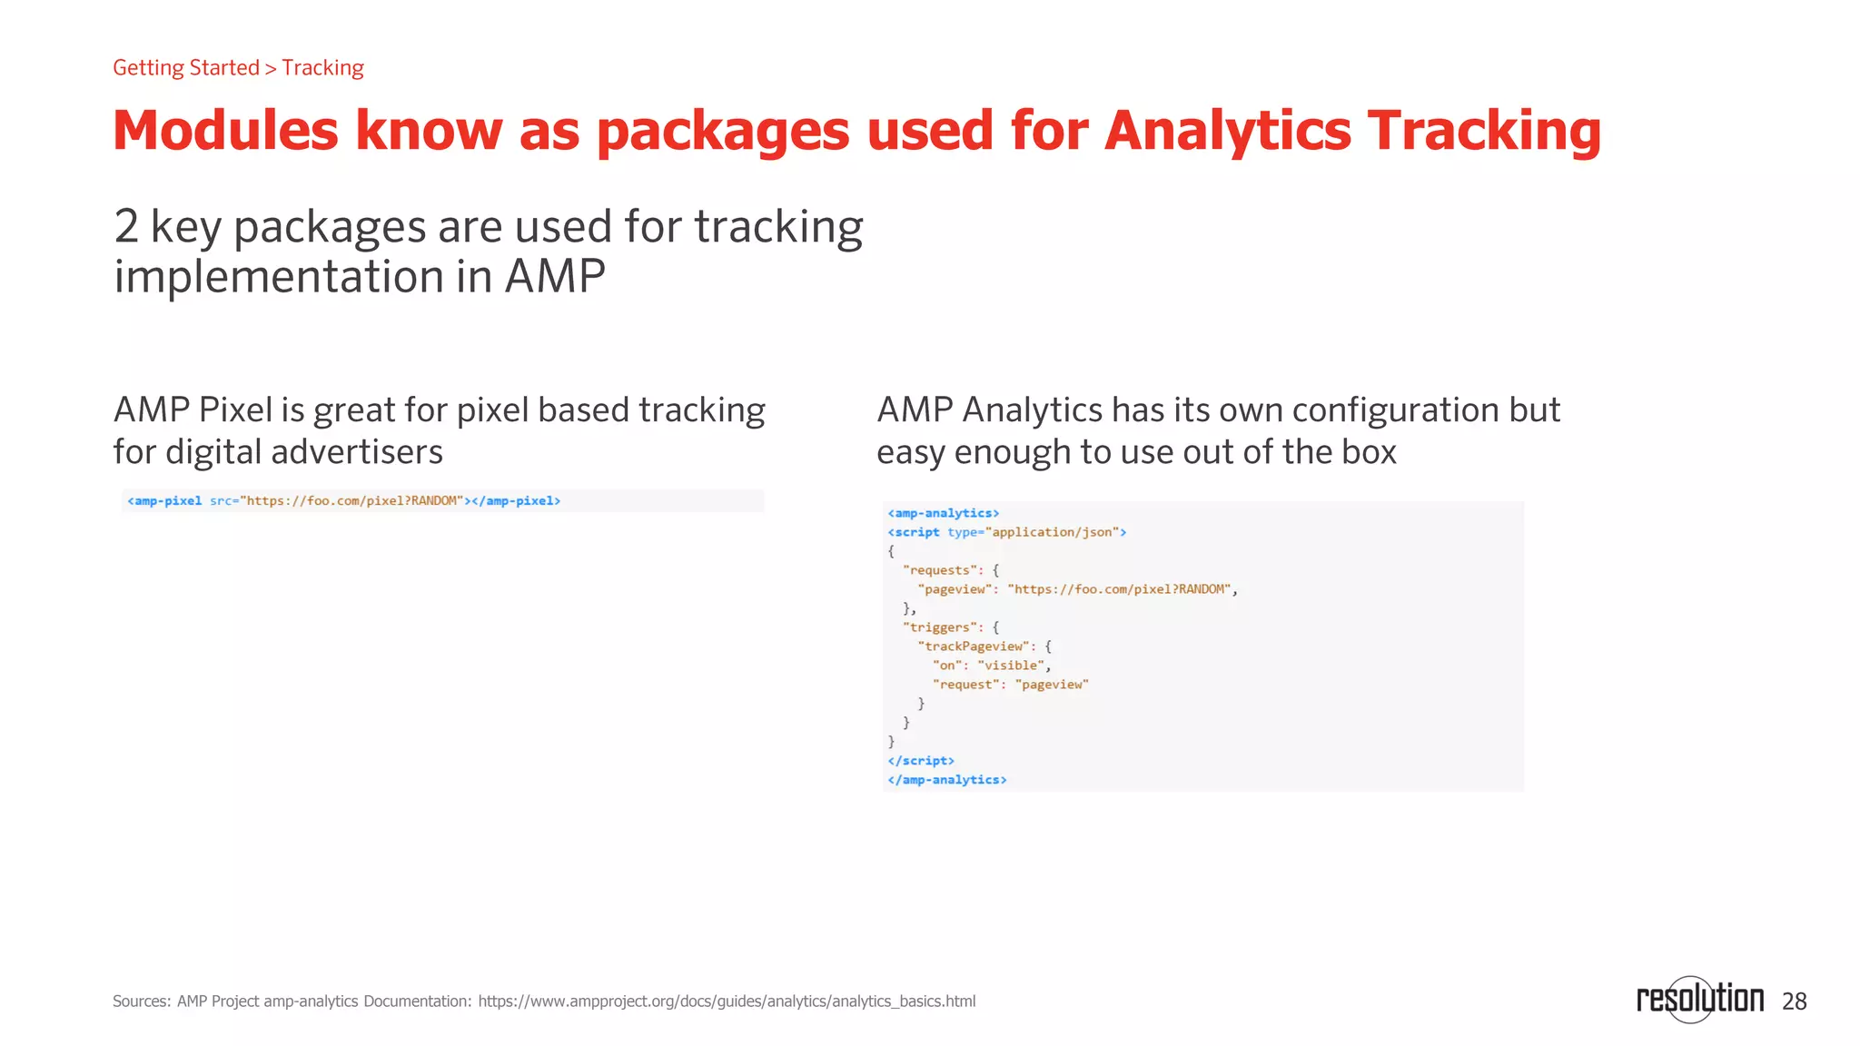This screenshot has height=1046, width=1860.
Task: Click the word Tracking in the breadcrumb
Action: [322, 68]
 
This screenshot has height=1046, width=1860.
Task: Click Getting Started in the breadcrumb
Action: [186, 68]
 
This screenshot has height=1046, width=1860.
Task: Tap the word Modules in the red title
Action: [225, 131]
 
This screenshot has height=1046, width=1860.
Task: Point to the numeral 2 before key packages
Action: [126, 227]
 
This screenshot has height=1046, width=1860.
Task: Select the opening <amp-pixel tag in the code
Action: [164, 501]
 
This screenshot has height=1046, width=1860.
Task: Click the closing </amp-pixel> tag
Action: [516, 501]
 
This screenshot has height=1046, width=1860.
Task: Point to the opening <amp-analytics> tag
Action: [943, 513]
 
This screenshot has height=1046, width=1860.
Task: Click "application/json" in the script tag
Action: [1052, 532]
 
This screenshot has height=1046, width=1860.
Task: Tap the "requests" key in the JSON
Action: [941, 570]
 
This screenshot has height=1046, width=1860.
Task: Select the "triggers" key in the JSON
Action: [941, 627]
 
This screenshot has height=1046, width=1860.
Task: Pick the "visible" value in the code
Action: [1010, 666]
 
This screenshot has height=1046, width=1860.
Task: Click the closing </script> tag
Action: [920, 761]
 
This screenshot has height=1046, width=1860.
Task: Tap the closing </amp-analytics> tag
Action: [946, 780]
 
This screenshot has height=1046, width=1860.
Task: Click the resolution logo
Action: [1699, 999]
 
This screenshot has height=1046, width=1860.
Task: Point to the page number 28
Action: [1794, 1002]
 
